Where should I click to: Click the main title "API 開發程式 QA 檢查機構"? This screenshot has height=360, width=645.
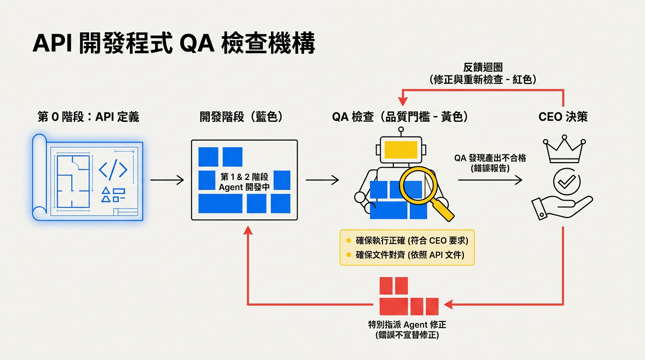[173, 45]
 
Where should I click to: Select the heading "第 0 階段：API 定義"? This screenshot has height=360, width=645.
[88, 117]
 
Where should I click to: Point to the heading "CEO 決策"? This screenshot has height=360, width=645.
[563, 117]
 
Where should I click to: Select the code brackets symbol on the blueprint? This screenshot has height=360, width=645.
[113, 171]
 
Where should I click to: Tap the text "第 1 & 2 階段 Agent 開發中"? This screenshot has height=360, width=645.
[244, 182]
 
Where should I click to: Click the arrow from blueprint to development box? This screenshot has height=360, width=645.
[167, 180]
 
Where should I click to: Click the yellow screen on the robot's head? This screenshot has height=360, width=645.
[401, 149]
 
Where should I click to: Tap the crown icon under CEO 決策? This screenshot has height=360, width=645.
[564, 150]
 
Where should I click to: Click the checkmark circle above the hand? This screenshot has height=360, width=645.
[566, 181]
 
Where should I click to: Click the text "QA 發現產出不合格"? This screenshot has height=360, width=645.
[490, 158]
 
